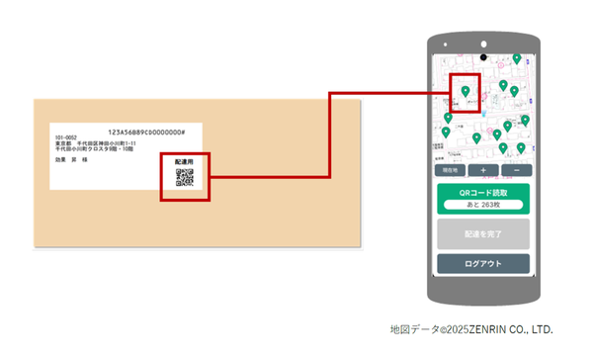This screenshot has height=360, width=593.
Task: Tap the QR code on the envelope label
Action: [x=184, y=178]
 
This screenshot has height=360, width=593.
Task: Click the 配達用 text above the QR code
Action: [x=184, y=160]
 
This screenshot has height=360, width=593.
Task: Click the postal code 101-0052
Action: [x=66, y=137]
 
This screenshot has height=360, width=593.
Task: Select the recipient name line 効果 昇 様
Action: [x=71, y=158]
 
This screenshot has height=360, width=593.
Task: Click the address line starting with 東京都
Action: [x=95, y=143]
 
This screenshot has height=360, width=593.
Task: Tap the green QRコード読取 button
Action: [x=483, y=191]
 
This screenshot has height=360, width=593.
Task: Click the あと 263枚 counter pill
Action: [x=483, y=204]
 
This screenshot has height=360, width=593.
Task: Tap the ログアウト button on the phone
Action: [x=483, y=264]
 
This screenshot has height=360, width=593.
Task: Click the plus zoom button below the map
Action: [x=483, y=170]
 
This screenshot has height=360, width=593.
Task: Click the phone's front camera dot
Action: [x=484, y=45]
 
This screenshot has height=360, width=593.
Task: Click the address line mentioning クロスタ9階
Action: [x=98, y=149]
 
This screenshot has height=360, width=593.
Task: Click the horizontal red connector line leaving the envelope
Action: [x=267, y=177]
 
